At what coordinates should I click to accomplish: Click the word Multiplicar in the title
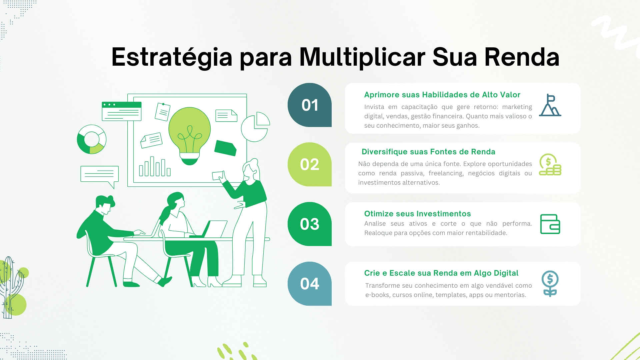coord(362,57)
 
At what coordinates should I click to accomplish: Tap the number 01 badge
coord(310,105)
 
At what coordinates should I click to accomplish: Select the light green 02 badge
coord(310,164)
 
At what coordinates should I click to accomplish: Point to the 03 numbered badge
coord(310,224)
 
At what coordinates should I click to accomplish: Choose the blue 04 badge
coord(310,284)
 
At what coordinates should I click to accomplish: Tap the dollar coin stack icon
coord(550,164)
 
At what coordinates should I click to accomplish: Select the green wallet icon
coord(550,224)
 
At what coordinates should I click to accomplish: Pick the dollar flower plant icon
coord(550,284)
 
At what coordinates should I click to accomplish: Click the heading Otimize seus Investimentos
coord(417,214)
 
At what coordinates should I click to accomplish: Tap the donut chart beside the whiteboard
coord(92,139)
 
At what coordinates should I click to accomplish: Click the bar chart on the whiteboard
coord(155,166)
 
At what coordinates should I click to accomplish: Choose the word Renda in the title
coord(522,57)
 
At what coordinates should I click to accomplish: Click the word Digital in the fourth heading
coord(505,273)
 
